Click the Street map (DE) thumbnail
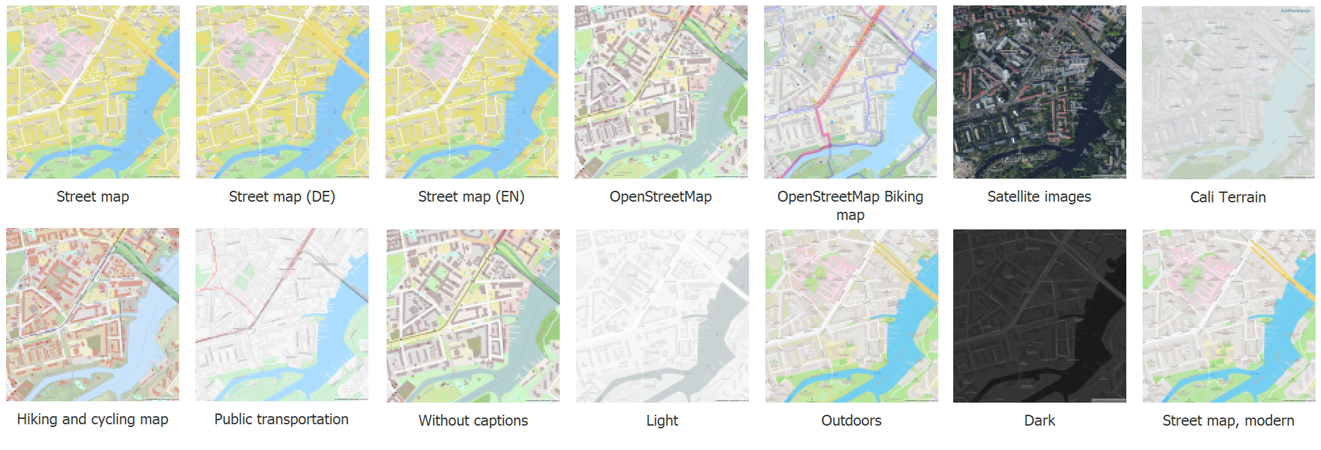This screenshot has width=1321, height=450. tap(282, 92)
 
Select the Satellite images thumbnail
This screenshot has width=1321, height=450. tap(1039, 92)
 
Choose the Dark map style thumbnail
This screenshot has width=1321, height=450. tap(1039, 315)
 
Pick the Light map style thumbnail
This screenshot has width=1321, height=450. tap(662, 315)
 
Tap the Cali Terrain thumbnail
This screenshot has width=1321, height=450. tap(1228, 92)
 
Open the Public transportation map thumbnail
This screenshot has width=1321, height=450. tap(282, 315)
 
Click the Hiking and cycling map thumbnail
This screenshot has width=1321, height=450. tap(93, 315)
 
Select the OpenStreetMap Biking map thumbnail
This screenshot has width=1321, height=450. tap(850, 92)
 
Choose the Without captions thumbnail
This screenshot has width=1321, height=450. tap(473, 315)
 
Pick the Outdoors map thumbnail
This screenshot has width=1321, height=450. tap(851, 315)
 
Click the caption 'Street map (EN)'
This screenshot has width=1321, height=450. tap(471, 197)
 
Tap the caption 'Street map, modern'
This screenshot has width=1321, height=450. tap(1228, 421)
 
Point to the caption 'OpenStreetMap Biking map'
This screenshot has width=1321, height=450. tap(850, 205)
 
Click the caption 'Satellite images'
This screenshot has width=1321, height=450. tap(1039, 197)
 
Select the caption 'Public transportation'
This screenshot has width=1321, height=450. tap(281, 420)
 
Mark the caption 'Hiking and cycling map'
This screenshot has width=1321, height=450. tap(93, 420)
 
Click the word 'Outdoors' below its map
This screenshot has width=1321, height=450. tap(851, 421)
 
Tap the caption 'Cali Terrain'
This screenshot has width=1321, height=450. tap(1228, 198)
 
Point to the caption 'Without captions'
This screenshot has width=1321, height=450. tap(473, 421)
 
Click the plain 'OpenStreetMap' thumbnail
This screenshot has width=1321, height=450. tap(660, 92)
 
